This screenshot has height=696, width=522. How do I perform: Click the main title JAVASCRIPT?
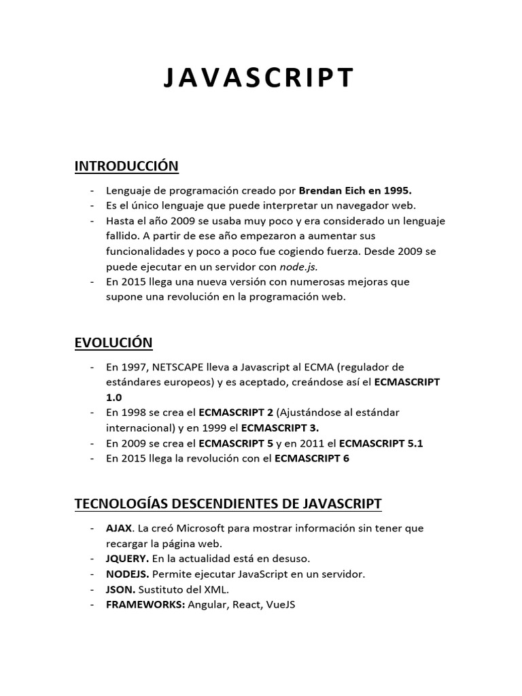[259, 77]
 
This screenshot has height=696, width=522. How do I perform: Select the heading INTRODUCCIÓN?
[126, 166]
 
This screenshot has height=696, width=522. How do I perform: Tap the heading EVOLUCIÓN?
[114, 342]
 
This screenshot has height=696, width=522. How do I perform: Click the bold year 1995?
[398, 191]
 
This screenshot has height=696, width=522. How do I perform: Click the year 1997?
[133, 367]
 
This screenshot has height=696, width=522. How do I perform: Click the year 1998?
[133, 413]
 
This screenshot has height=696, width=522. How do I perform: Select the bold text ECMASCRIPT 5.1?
[381, 443]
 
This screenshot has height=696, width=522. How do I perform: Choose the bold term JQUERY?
[127, 559]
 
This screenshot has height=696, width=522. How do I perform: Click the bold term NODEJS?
[126, 574]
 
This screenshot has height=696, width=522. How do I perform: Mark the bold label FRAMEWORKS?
[145, 604]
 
